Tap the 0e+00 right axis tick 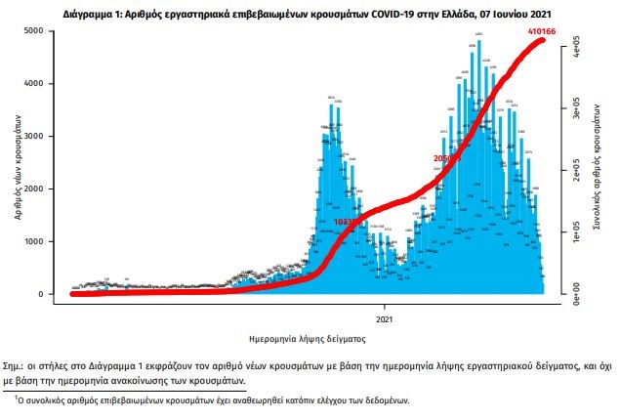coord(578,291)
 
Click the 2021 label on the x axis coord(385,318)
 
